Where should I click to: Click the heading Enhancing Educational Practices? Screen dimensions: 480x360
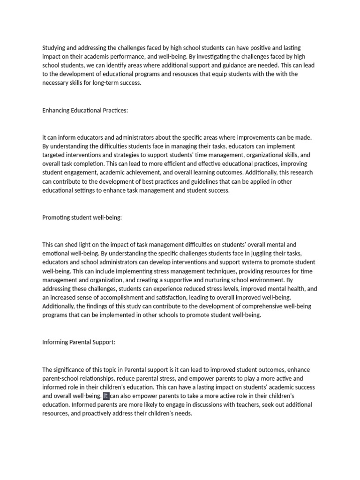[85, 110]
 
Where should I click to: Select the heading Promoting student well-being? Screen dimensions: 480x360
[82, 217]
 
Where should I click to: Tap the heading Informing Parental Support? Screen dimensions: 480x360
[79, 342]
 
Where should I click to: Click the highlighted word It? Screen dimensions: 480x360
[106, 396]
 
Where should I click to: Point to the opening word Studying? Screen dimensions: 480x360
[55, 48]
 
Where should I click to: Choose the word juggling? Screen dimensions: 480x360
[244, 253]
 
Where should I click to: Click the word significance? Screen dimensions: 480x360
[72, 370]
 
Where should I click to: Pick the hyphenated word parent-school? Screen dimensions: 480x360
[63, 379]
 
